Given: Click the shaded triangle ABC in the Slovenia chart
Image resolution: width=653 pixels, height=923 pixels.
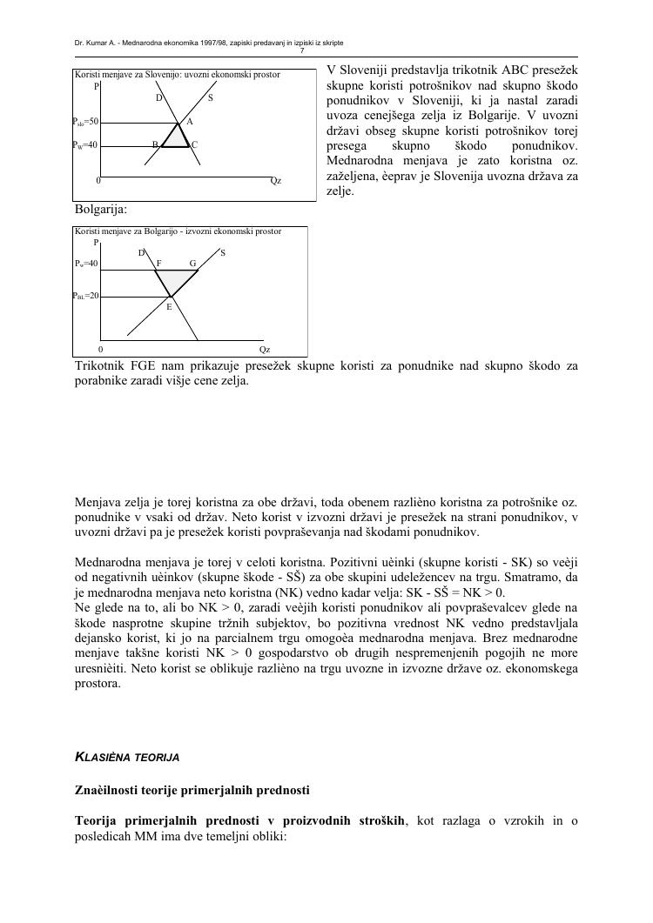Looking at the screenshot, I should [x=178, y=137].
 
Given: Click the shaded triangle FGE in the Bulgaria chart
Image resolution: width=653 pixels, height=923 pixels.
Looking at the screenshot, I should [x=173, y=280].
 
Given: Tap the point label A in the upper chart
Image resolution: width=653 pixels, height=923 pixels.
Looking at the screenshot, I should [x=190, y=121].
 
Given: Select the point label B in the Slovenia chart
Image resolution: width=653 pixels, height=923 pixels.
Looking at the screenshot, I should [x=155, y=144].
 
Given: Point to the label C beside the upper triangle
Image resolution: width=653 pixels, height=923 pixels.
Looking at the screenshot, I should [x=194, y=145].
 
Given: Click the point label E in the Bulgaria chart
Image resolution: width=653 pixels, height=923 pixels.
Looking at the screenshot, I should [x=169, y=306].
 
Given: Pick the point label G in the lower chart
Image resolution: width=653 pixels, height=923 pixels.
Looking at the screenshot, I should [x=192, y=263].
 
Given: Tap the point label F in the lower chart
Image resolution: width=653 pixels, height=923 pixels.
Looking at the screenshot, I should [x=158, y=263].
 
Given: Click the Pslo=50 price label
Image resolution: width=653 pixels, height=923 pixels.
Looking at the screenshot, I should [x=87, y=122].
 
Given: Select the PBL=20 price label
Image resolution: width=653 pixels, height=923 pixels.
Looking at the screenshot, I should [x=87, y=296].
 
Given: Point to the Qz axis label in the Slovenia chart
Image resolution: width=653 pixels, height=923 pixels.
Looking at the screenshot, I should [x=275, y=181].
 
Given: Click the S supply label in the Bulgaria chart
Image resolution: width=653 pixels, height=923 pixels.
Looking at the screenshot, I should [x=223, y=253].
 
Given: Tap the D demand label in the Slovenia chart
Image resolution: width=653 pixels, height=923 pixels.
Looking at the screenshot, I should [x=158, y=98].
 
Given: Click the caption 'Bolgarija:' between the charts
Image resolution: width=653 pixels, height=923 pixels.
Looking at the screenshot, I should [x=101, y=210].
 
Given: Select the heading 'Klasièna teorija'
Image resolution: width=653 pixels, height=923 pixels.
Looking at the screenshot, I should [x=127, y=758].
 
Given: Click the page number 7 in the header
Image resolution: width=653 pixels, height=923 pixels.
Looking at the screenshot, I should [x=326, y=50].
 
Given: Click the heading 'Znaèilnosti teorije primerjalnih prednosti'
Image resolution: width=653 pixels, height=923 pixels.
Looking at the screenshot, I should [x=192, y=790].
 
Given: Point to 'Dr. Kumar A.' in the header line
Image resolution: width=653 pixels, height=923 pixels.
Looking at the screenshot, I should [x=96, y=43].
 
